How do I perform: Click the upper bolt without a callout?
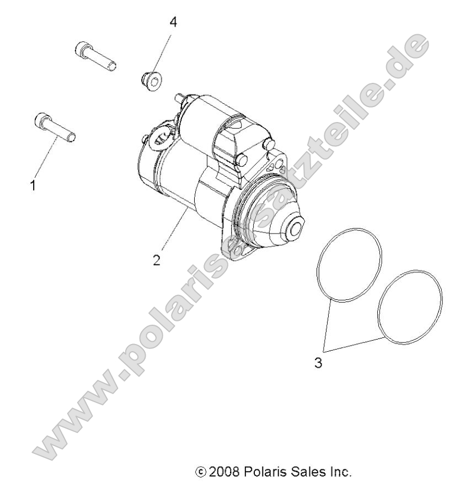point(95,57)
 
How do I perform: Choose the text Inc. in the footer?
point(338,472)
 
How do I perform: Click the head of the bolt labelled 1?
point(41,119)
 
